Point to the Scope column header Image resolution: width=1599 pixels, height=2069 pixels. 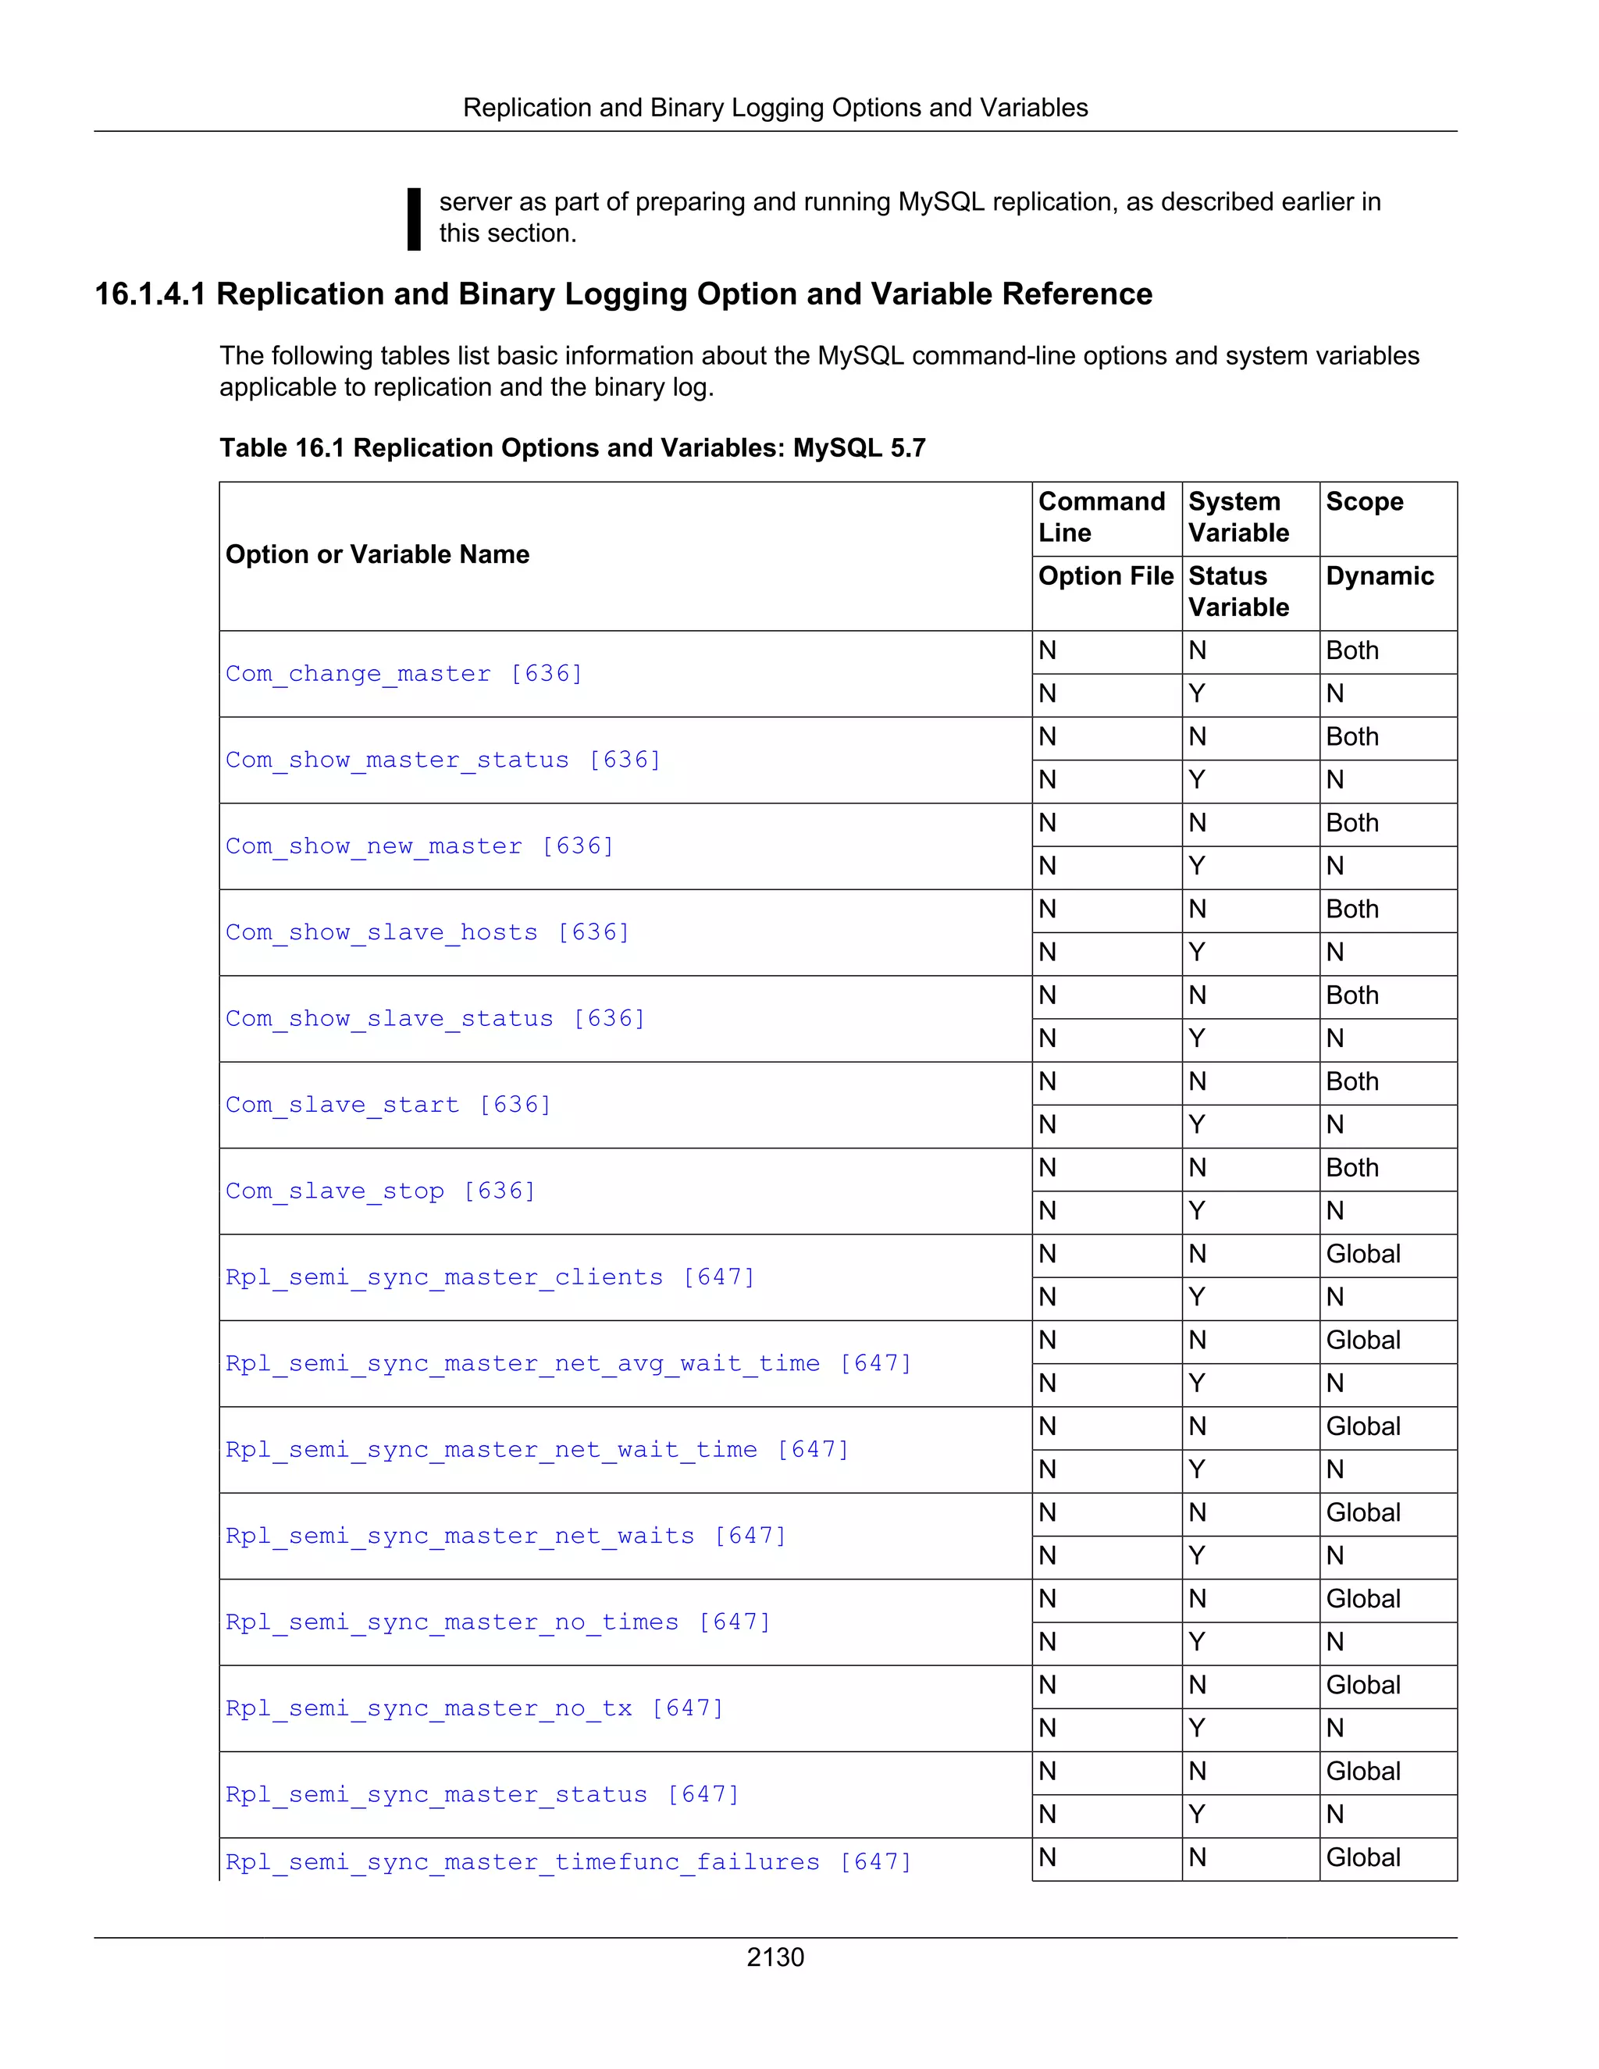(x=1364, y=502)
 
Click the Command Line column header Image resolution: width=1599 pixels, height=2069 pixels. (x=1101, y=517)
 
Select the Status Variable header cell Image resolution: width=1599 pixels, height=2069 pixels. (x=1238, y=592)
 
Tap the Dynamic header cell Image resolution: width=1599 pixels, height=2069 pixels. (x=1380, y=576)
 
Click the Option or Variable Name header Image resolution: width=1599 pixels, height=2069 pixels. (x=377, y=554)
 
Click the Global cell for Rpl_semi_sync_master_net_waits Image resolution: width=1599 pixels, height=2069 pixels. (x=1362, y=1513)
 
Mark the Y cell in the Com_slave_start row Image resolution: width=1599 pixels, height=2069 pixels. (x=1198, y=1124)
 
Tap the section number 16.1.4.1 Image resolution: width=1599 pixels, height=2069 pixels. (x=150, y=294)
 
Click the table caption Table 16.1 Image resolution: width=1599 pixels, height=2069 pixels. (x=572, y=448)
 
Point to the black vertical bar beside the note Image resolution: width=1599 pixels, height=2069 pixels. (x=414, y=219)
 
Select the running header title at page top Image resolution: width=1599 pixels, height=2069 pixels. (x=775, y=108)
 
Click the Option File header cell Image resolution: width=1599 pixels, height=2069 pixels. (x=1105, y=576)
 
